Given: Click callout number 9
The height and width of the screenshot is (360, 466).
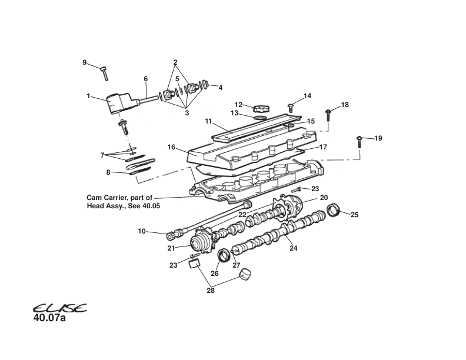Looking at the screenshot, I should (84, 62).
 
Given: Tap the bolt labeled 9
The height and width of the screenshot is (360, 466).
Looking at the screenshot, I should (104, 73).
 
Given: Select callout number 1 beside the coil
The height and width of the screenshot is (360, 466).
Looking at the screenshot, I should (89, 96).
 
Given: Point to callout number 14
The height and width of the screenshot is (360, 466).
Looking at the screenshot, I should (307, 96).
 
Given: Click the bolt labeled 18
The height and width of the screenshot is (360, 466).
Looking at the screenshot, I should (328, 115).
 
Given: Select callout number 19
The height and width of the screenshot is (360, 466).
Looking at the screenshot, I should (378, 138).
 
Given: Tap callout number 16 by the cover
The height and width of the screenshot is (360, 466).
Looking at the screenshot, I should (171, 146).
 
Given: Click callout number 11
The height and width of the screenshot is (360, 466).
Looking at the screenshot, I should (208, 121).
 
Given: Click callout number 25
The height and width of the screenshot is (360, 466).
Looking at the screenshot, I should (354, 215).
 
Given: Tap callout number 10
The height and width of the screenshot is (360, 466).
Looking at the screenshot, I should (142, 231).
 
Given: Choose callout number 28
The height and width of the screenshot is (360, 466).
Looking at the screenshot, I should (210, 289).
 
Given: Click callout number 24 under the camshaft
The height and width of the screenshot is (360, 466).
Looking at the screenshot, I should (293, 248).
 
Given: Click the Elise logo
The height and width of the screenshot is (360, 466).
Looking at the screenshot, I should (59, 308).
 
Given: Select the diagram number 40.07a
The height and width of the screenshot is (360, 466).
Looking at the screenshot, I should (50, 319).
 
